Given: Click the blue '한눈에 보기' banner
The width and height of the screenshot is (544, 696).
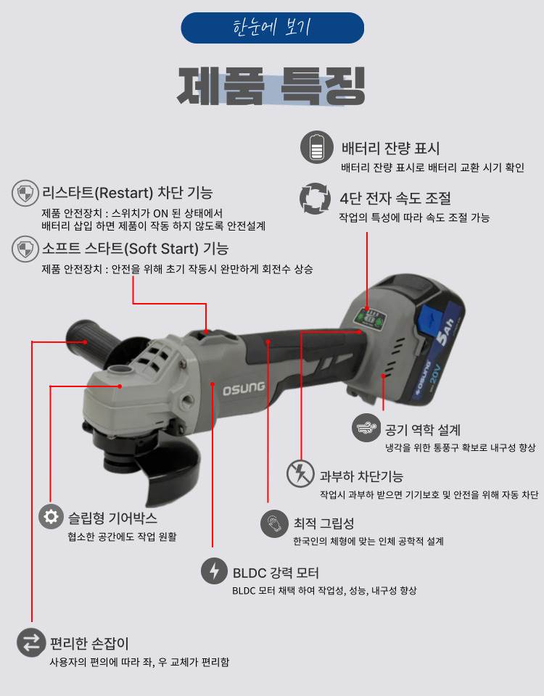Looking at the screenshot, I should pos(272,28).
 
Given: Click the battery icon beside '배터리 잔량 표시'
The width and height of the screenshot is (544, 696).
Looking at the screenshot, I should pos(316,148).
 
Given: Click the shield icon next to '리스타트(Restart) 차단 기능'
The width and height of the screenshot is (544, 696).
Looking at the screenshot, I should pos(25,194).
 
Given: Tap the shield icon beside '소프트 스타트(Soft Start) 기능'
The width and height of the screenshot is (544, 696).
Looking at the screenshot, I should pos(25,249).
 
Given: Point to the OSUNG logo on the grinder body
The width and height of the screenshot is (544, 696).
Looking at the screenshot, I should pos(243,387).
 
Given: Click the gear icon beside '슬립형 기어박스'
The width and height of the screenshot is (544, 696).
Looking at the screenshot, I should pos(51,516).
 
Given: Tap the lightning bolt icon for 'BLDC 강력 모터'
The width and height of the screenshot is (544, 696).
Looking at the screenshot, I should pos(214,571).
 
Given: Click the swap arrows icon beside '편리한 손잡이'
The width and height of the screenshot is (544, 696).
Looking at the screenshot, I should pos(31,642).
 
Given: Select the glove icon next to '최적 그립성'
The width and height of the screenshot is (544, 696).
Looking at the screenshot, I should pos(274,523).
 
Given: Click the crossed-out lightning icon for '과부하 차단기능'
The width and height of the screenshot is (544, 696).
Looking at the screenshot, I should pos(300,474).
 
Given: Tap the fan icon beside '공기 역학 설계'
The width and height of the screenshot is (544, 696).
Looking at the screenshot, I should pos(366,428).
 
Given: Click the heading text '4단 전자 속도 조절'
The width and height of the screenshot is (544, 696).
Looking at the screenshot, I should pos(395,198).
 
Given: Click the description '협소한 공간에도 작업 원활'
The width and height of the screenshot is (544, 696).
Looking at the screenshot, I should pos(121,536).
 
